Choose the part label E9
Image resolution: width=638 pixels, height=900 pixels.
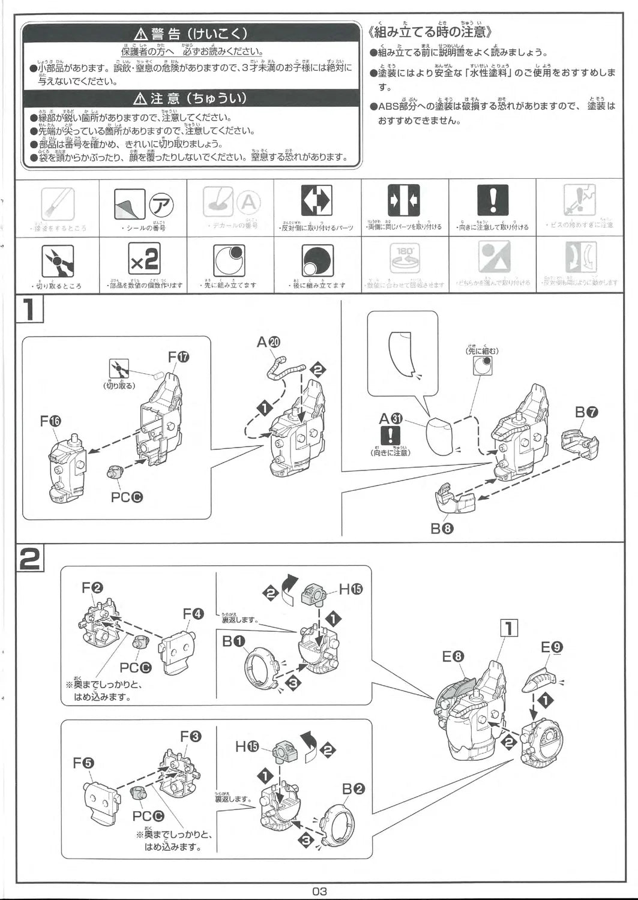[x=552, y=647]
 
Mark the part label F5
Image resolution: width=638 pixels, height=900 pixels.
[x=83, y=763]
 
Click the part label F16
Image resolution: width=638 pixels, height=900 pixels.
[x=51, y=421]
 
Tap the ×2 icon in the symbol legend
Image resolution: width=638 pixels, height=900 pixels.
[x=144, y=259]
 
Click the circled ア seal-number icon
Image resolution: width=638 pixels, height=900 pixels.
[x=161, y=204]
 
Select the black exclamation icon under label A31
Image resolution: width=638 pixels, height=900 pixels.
[x=390, y=436]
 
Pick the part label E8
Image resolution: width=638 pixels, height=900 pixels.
[x=454, y=656]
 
